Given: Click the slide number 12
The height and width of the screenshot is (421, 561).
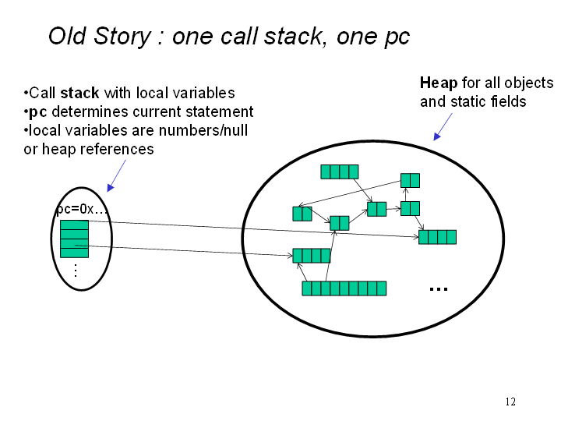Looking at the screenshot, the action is point(510,402).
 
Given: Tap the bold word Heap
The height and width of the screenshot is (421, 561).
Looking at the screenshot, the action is point(439,83).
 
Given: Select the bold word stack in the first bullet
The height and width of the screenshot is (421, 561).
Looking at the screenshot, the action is point(79,93).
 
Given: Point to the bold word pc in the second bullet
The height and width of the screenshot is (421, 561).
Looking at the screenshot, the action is point(38,112).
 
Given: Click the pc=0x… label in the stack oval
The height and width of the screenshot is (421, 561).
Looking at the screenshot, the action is point(82,209).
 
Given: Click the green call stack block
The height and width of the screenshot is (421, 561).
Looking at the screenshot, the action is point(75,239).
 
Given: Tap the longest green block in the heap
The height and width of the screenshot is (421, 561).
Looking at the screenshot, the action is point(344,288).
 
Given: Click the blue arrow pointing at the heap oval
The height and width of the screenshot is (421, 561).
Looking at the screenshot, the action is point(443,126).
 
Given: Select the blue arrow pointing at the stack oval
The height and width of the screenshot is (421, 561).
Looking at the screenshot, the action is point(117,175).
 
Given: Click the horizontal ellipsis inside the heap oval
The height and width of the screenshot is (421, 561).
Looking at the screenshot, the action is point(438,289).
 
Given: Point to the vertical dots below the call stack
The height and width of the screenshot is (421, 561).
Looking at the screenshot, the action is point(76,271).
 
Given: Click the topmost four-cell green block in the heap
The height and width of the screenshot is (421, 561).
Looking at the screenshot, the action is point(340,172).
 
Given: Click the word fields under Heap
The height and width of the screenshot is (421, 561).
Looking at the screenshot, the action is point(508,101).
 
